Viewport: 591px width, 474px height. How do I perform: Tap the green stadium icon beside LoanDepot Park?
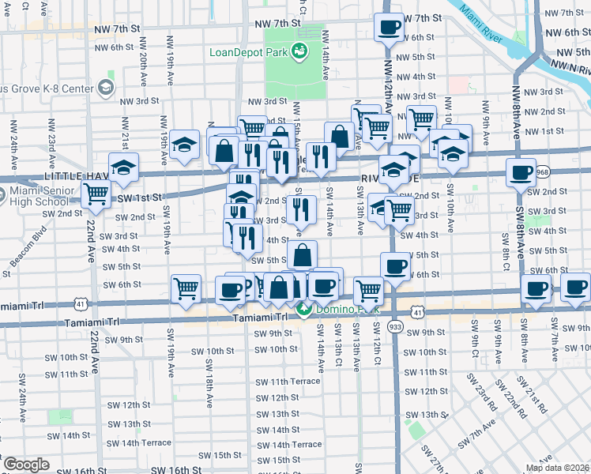[x=299, y=52]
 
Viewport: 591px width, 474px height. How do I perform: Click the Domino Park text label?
[x=340, y=309]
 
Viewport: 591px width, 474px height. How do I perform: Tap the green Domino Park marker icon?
[x=303, y=309]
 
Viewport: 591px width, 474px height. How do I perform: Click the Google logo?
[x=26, y=465]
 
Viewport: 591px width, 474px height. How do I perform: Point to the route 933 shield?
[x=396, y=326]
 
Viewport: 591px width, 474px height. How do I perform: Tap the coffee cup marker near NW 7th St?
[x=387, y=28]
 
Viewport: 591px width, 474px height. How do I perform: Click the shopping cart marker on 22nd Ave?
[x=96, y=194]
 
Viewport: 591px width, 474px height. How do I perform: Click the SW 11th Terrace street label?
[x=288, y=381]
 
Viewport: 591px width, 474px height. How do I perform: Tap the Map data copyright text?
[x=557, y=468]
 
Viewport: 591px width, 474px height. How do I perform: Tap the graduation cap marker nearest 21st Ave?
[x=123, y=167]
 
